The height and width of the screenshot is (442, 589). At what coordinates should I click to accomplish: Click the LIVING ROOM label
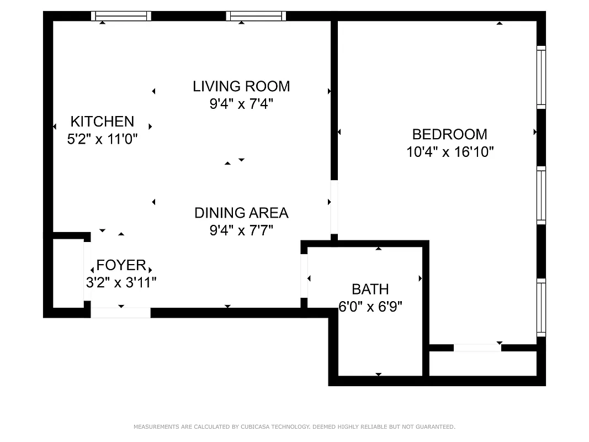(241, 86)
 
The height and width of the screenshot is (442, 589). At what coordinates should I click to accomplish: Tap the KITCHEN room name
(102, 121)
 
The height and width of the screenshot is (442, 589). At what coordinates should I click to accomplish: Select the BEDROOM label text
(450, 134)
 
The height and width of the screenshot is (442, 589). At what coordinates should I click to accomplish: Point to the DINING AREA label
(241, 213)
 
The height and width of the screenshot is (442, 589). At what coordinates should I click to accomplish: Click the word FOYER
(121, 265)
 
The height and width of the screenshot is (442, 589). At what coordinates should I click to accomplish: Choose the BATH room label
(370, 289)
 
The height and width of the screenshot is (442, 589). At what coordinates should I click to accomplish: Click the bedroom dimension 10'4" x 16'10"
(450, 152)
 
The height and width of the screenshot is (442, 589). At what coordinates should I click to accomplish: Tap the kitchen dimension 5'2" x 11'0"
(102, 139)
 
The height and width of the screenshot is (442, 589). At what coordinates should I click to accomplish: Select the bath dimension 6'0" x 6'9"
(370, 307)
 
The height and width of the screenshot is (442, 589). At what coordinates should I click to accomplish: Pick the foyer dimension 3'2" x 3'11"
(121, 283)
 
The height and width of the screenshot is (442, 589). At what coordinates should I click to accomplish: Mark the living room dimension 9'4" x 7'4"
(241, 104)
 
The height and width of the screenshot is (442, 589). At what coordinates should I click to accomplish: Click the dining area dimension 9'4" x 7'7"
(241, 230)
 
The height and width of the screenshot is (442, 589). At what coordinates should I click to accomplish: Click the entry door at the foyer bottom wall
(120, 313)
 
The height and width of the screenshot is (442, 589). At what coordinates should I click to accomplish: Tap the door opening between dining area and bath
(304, 276)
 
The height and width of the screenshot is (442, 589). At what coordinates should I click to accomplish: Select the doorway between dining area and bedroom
(334, 207)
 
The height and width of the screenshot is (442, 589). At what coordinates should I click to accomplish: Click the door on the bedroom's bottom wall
(477, 348)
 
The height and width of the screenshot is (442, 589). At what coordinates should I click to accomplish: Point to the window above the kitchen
(121, 16)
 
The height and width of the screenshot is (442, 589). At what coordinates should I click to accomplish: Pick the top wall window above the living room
(256, 16)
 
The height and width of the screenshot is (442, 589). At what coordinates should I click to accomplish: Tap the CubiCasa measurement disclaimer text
(294, 427)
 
